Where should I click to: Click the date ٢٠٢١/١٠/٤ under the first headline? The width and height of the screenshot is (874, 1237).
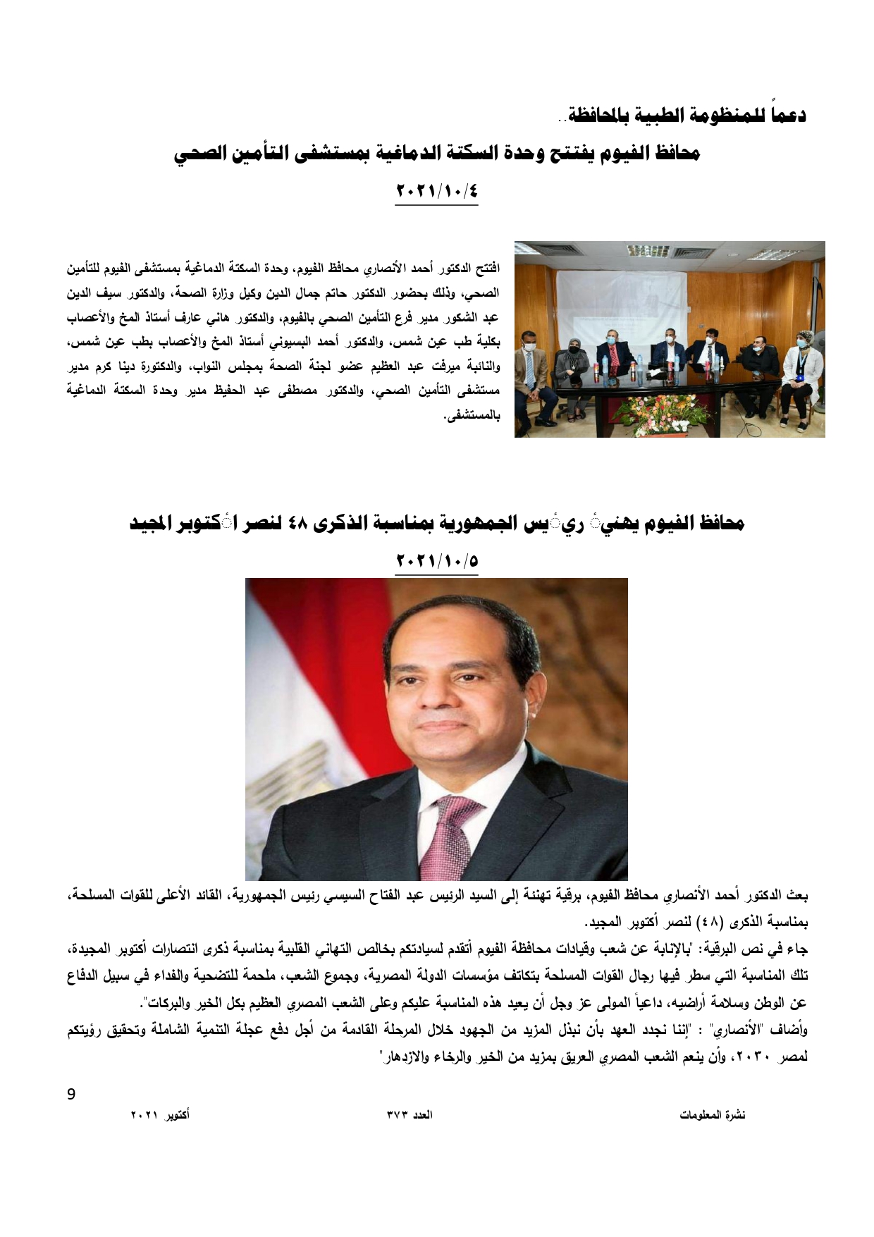437,191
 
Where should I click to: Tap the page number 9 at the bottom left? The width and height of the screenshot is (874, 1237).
70,1095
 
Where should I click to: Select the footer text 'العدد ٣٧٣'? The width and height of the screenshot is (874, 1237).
410,1115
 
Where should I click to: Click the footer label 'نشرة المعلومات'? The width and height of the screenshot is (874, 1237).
713,1115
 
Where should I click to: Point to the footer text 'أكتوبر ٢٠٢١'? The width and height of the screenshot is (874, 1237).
160,1115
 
